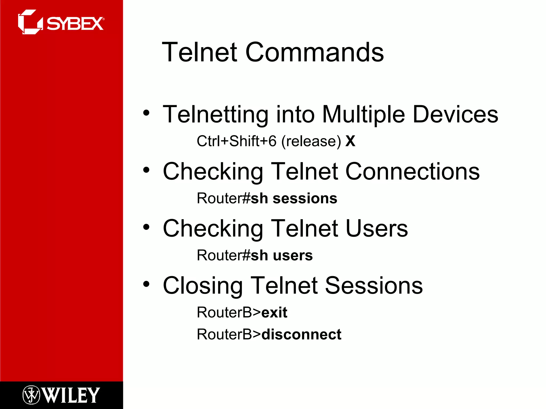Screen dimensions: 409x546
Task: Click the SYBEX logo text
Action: click(x=75, y=24)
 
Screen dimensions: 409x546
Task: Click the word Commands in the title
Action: click(x=314, y=52)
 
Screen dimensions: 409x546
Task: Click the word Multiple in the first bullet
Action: click(x=364, y=114)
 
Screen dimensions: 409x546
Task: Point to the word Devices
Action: click(x=455, y=114)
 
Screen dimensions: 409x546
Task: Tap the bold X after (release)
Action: click(x=350, y=141)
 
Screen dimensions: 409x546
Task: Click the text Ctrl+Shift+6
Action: click(x=236, y=141)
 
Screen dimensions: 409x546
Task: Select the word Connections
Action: click(x=412, y=172)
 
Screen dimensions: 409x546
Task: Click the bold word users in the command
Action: click(x=292, y=256)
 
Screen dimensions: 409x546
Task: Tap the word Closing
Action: click(x=203, y=286)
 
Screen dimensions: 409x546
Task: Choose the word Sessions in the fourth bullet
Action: click(x=374, y=286)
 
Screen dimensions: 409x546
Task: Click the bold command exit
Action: click(x=274, y=313)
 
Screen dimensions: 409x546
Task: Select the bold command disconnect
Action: click(x=301, y=335)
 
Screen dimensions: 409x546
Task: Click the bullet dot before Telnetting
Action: click(x=146, y=113)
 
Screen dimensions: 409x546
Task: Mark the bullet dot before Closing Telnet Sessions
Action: click(x=146, y=284)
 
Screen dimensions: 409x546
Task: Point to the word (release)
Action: click(x=311, y=141)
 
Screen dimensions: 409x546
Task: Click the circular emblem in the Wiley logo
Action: click(x=31, y=395)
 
